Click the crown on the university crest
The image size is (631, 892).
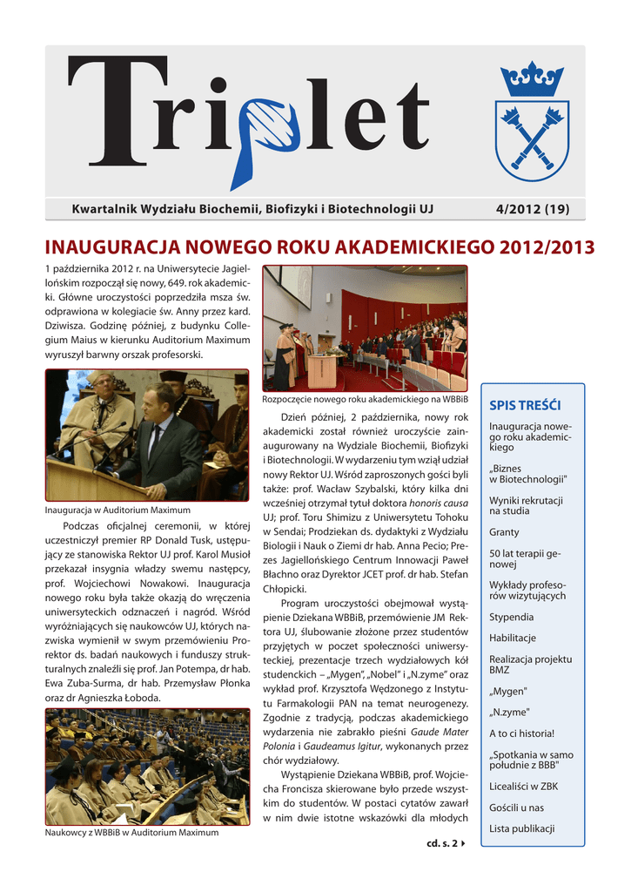[531, 80]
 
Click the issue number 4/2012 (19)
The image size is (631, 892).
[532, 209]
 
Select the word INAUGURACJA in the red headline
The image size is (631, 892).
[121, 247]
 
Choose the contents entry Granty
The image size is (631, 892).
[504, 531]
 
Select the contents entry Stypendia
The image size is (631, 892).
[512, 617]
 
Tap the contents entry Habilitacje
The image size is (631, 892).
[513, 638]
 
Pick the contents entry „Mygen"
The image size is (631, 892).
[509, 691]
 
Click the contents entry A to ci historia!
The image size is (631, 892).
[521, 733]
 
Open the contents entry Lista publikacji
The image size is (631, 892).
[521, 828]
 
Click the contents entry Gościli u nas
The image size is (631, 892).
[517, 808]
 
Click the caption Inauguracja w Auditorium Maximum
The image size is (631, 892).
[117, 510]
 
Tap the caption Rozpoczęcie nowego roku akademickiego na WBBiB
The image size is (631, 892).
[365, 399]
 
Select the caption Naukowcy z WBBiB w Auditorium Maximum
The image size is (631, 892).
[131, 833]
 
